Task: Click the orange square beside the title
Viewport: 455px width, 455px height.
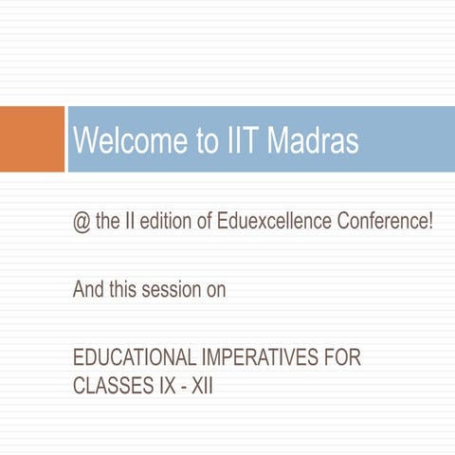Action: tap(31, 140)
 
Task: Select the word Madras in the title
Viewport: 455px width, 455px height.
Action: tap(312, 141)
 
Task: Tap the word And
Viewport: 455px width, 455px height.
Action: tap(88, 290)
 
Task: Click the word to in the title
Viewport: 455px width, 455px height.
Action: tap(208, 141)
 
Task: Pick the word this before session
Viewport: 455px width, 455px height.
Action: tap(123, 290)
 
